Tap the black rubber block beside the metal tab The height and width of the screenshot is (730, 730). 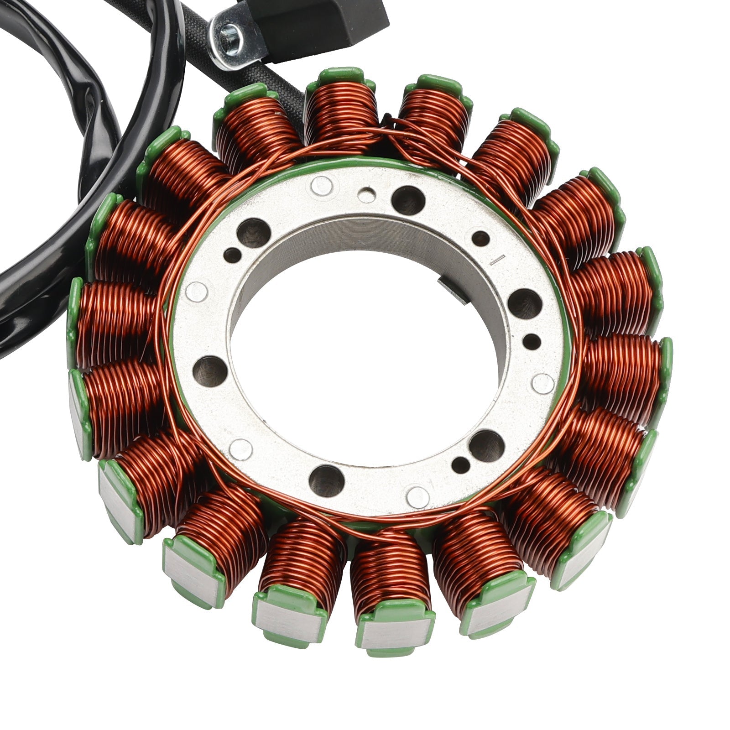click(x=319, y=23)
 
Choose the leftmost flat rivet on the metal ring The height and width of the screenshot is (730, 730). click(x=197, y=291)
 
